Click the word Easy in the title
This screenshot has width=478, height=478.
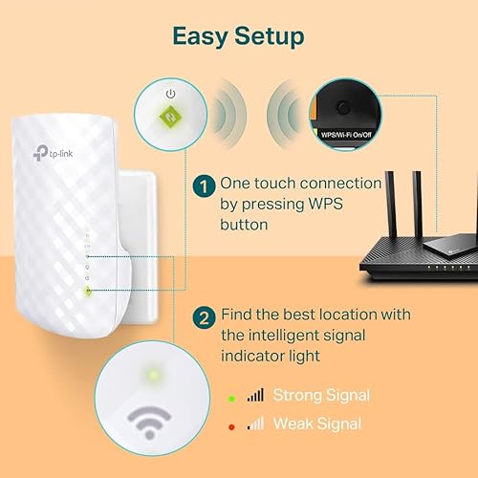pyautogui.click(x=201, y=36)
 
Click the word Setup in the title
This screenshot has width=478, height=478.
pyautogui.click(x=268, y=36)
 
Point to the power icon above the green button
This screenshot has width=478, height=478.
pyautogui.click(x=168, y=94)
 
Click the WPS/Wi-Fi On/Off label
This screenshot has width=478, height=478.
pyautogui.click(x=347, y=137)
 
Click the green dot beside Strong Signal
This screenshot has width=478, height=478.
pyautogui.click(x=232, y=394)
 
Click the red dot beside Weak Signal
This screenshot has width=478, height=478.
pyautogui.click(x=232, y=423)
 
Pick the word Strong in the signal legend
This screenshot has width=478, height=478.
pyautogui.click(x=297, y=394)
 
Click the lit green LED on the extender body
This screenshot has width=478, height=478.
pyautogui.click(x=87, y=291)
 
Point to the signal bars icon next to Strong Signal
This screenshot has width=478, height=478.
pyautogui.click(x=254, y=393)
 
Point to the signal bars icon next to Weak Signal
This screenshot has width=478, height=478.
pyautogui.click(x=254, y=422)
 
